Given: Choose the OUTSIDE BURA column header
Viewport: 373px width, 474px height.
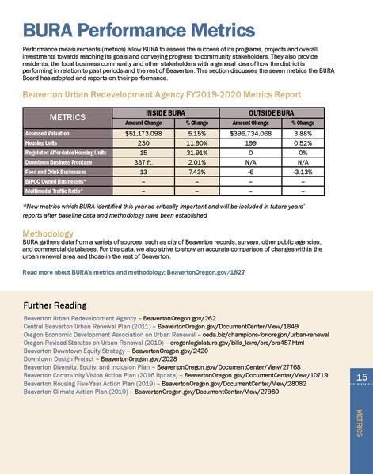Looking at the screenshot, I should (273, 135).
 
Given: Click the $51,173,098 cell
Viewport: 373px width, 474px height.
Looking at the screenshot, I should (143, 157).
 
